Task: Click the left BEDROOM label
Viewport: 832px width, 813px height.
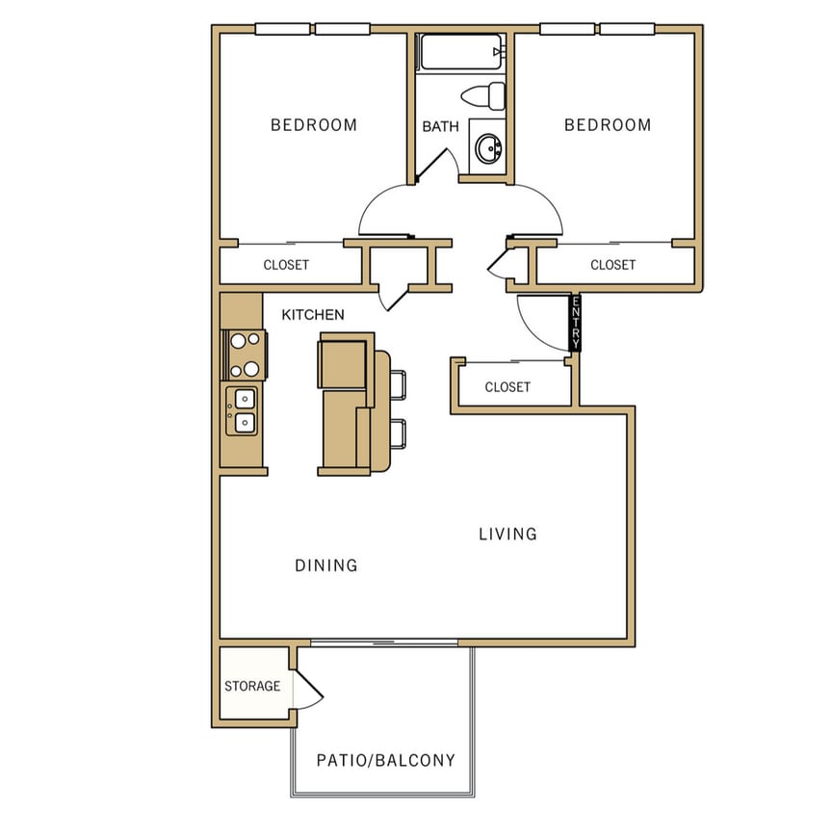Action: point(313,125)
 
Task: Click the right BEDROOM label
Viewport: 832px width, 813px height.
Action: point(607,125)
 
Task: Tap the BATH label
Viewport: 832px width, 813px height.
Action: point(440,126)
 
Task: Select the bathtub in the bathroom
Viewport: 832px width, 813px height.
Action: point(460,52)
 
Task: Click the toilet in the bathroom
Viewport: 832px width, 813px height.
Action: point(484,95)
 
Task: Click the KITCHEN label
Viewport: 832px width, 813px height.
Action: point(312,315)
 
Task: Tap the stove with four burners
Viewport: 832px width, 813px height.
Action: point(245,354)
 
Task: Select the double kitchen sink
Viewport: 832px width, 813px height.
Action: point(243,409)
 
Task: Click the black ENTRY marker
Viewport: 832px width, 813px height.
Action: point(575,323)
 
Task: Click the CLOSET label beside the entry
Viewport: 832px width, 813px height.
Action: point(507,387)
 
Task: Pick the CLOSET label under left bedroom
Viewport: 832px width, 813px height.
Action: point(286,265)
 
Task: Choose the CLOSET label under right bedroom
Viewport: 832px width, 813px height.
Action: point(612,265)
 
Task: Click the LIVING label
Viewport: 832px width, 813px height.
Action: point(507,534)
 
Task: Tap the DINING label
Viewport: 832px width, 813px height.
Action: point(325,565)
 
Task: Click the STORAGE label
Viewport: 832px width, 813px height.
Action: point(252,687)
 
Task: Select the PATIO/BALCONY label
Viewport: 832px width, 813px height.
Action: point(385,760)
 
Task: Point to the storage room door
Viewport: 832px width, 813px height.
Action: point(308,687)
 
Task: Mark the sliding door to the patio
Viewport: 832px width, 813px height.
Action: point(385,642)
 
